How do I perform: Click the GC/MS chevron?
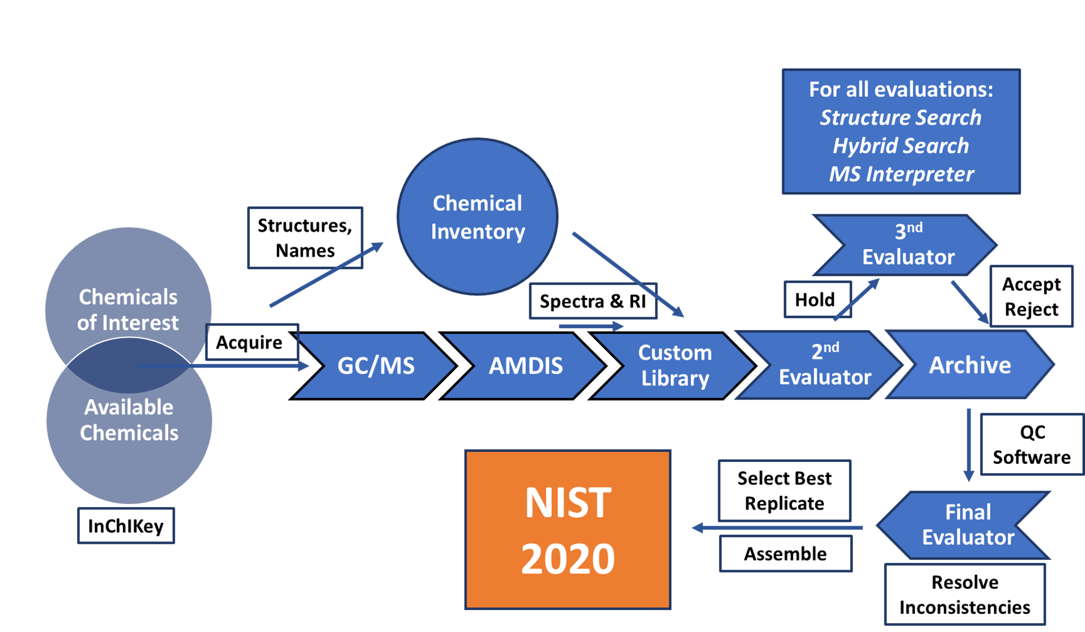[376, 366]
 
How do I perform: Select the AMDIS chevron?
[525, 366]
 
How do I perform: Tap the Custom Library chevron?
[675, 366]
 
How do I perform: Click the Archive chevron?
[970, 365]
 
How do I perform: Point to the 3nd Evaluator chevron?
[908, 245]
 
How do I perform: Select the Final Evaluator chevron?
[967, 525]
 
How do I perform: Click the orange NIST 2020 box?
[568, 529]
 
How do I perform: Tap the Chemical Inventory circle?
[478, 217]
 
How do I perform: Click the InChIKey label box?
[126, 526]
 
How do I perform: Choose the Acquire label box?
[252, 342]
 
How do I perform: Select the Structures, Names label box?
[305, 238]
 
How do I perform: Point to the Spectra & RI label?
[593, 301]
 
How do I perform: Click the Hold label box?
[817, 299]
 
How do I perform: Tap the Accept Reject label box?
[1031, 296]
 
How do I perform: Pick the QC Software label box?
[1032, 444]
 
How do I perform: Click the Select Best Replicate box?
[784, 491]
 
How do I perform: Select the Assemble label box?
[785, 553]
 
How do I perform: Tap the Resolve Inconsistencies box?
[964, 594]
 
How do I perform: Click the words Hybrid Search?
[901, 146]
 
